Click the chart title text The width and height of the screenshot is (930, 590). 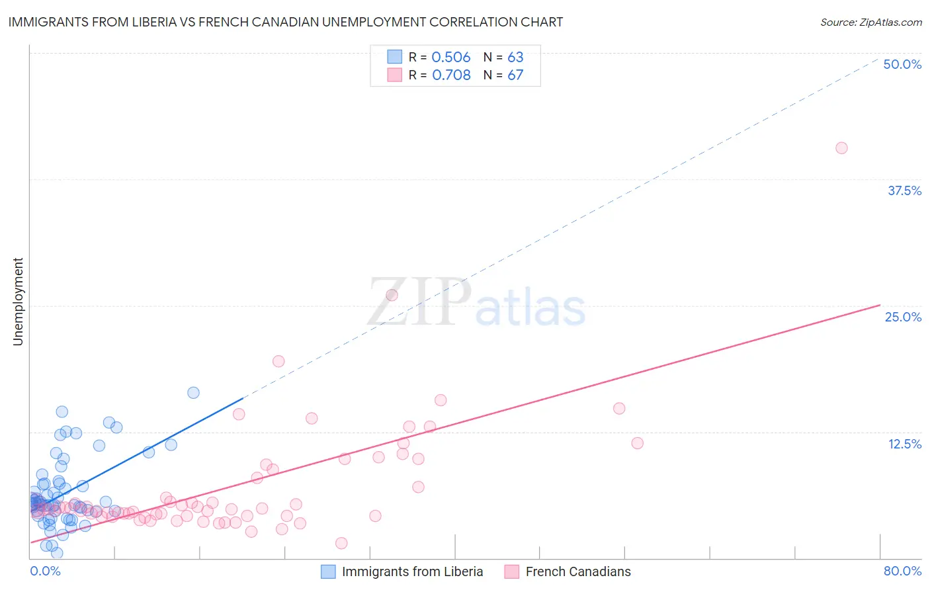pyautogui.click(x=286, y=22)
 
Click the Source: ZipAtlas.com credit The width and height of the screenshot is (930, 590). pyautogui.click(x=870, y=22)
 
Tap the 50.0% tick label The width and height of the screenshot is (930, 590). pyautogui.click(x=902, y=64)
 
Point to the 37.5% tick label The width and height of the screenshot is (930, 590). pyautogui.click(x=904, y=190)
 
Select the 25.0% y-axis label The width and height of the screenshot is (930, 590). pyautogui.click(x=903, y=317)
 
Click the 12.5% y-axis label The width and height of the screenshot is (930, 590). pyautogui.click(x=904, y=444)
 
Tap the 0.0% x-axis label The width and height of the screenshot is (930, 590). pyautogui.click(x=45, y=571)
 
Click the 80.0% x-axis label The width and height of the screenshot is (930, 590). pyautogui.click(x=902, y=571)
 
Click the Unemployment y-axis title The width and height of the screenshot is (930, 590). pyautogui.click(x=18, y=302)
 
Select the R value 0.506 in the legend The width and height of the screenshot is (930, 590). pyautogui.click(x=450, y=58)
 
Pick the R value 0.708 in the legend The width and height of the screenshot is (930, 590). pyautogui.click(x=451, y=75)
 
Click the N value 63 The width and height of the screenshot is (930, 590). pyautogui.click(x=515, y=58)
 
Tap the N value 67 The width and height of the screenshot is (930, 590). pyautogui.click(x=515, y=75)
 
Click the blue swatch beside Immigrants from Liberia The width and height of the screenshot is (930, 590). pyautogui.click(x=328, y=571)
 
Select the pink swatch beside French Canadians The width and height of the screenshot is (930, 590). pyautogui.click(x=511, y=571)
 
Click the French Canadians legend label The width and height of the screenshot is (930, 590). pyautogui.click(x=578, y=571)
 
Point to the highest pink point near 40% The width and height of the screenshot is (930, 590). pyautogui.click(x=841, y=148)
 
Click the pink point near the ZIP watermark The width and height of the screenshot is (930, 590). pyautogui.click(x=392, y=295)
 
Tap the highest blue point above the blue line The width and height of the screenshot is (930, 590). pyautogui.click(x=193, y=393)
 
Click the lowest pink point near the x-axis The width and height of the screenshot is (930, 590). pyautogui.click(x=341, y=543)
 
